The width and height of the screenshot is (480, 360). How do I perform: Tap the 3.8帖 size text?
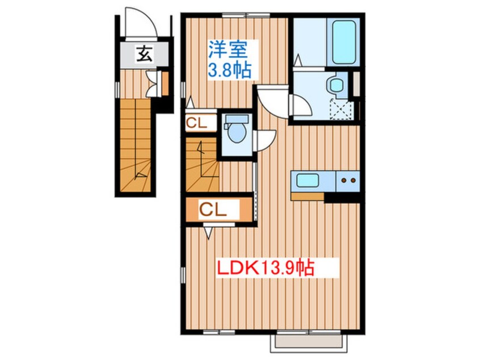[x=230, y=70]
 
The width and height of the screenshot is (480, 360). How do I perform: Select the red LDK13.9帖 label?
[x=266, y=268]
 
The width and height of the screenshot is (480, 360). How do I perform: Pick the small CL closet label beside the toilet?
[x=197, y=123]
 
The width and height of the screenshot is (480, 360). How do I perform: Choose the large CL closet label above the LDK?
[x=213, y=210]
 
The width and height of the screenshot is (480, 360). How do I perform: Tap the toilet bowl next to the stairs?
[x=237, y=130]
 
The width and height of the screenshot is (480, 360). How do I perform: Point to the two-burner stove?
[x=348, y=181]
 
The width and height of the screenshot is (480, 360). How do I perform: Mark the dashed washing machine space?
[x=342, y=110]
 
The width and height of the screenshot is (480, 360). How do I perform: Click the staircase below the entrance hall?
[x=135, y=146]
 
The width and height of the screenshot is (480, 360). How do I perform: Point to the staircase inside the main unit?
[x=202, y=165]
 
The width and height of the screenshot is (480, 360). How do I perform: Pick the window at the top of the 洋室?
[x=246, y=14]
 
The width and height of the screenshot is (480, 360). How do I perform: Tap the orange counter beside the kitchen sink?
[x=308, y=196]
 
